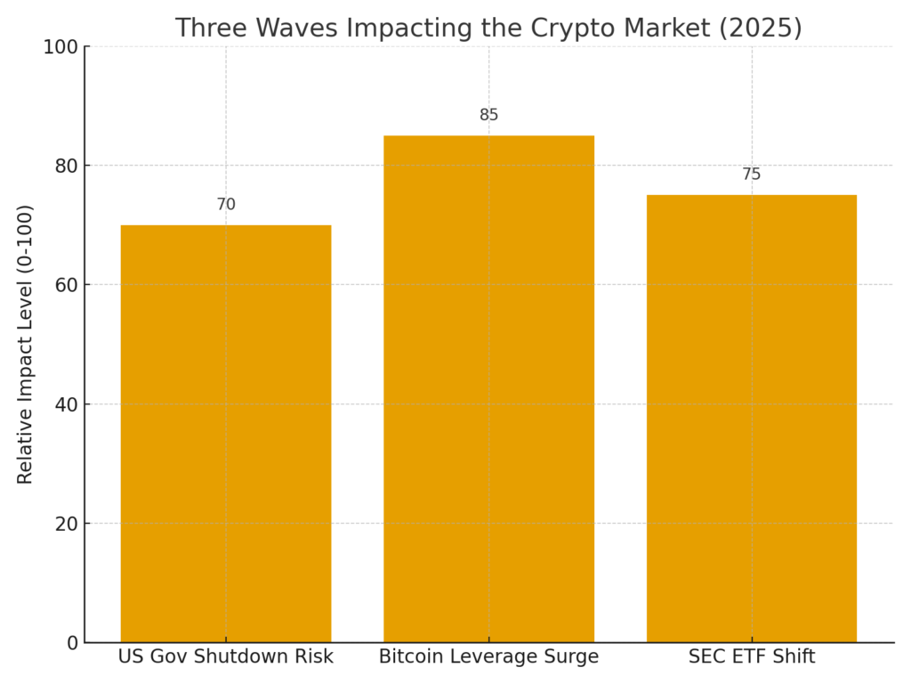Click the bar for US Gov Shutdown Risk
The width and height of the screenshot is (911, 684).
226,433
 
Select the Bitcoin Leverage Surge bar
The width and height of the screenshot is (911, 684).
488,388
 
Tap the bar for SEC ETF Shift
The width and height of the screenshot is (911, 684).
751,418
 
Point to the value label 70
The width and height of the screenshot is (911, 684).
226,205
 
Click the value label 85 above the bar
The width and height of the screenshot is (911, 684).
488,115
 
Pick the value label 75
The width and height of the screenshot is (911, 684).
751,175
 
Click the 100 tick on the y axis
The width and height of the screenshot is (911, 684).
60,47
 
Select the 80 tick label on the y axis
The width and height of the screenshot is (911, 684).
66,166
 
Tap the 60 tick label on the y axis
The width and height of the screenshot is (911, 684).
66,285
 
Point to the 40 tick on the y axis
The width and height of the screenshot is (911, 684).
66,404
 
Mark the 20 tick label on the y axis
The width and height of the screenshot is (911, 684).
66,524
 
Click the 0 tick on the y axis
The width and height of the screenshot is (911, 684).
72,643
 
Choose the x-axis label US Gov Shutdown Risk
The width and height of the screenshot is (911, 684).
226,657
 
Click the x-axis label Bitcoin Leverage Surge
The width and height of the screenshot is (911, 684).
488,657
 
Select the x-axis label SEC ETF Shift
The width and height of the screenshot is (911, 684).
751,657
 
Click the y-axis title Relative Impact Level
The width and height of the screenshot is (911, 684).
25,344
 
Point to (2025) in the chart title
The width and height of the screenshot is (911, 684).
761,28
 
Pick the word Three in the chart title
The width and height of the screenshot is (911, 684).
207,28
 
